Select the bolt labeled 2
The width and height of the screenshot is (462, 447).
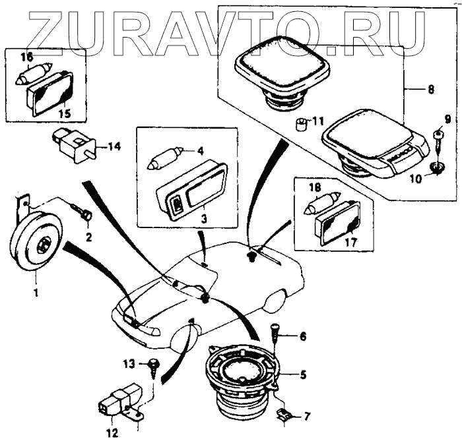[84, 214]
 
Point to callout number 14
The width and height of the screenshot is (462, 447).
[115, 146]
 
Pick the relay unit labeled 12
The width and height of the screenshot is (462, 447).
[118, 401]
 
